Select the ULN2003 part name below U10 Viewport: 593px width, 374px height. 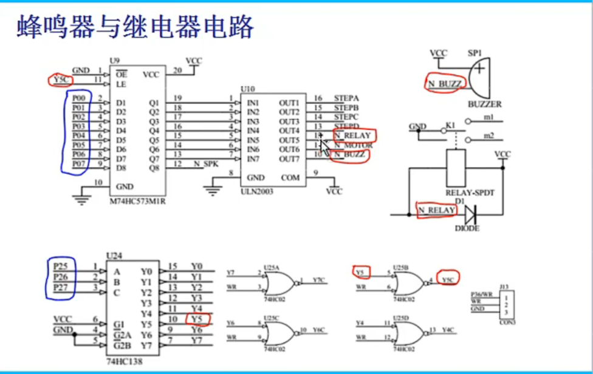pos(256,191)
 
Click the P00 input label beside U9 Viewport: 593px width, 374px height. pos(78,98)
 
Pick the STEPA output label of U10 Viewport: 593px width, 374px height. pos(346,98)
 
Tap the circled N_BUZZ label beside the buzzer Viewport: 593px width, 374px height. pos(445,84)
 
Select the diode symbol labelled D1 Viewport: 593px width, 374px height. pos(470,214)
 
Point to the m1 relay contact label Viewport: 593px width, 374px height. pos(488,117)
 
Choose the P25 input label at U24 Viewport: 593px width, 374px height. pos(61,266)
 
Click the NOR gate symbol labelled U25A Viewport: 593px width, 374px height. pos(279,282)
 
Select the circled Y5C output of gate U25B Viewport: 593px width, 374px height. pos(448,279)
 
